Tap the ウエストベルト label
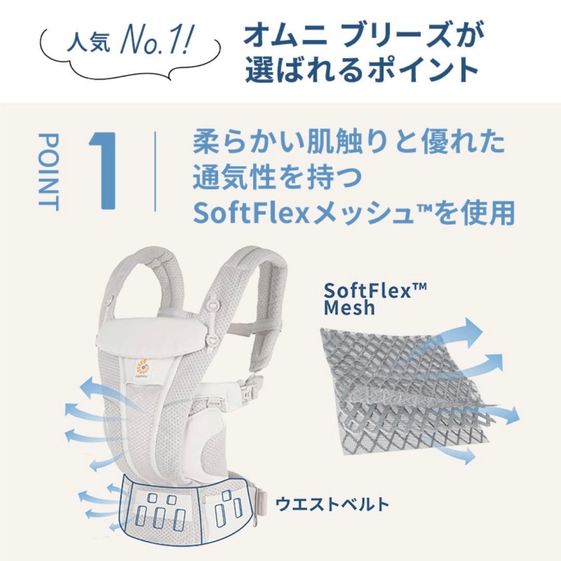[332, 503]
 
